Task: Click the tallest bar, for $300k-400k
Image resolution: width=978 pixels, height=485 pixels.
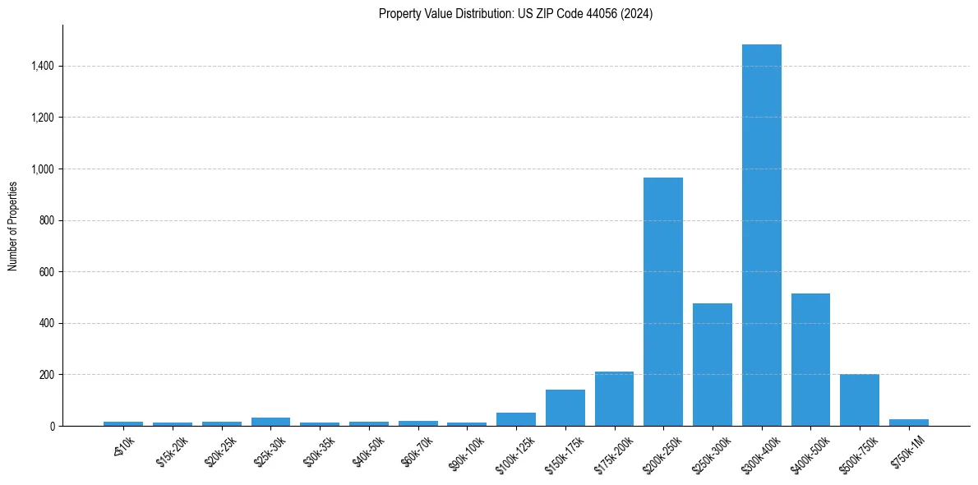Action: coord(761,235)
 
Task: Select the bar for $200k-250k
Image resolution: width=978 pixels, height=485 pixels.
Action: coord(663,302)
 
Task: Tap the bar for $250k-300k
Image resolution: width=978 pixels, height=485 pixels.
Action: coord(712,364)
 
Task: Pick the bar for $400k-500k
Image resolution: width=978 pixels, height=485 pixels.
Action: coord(810,359)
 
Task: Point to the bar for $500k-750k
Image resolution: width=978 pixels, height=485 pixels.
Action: coord(860,400)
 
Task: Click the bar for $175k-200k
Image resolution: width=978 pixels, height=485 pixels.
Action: coord(614,399)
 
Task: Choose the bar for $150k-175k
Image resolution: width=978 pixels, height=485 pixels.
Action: coord(565,408)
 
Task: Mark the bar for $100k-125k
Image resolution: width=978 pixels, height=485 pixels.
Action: coord(516,419)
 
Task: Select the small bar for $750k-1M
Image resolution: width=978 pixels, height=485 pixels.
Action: coord(908,423)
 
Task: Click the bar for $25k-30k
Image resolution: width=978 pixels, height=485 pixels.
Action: coord(270,422)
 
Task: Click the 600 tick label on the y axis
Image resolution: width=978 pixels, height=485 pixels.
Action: coord(47,272)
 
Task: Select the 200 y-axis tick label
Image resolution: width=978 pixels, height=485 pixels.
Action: coord(47,375)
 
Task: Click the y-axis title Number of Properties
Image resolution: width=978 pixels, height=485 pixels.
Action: coord(13,226)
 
